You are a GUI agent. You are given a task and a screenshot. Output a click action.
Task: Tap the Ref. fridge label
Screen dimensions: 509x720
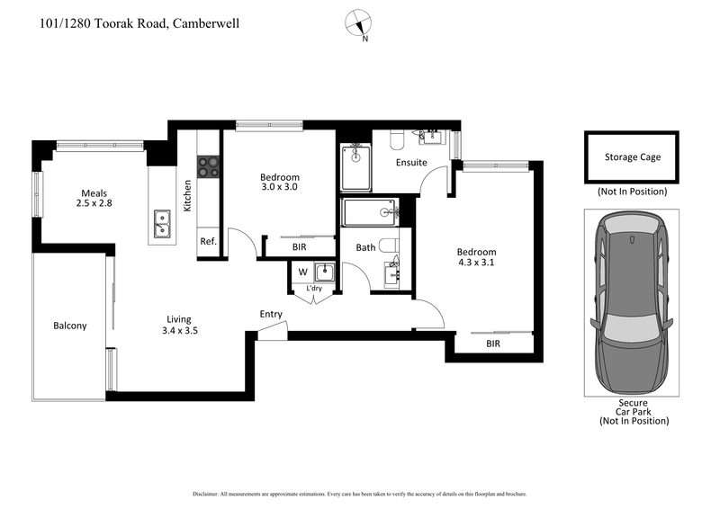(x=208, y=242)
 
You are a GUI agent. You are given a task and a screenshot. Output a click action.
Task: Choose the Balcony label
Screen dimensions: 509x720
(x=70, y=326)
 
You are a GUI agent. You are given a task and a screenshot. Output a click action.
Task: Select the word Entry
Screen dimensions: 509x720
(x=271, y=315)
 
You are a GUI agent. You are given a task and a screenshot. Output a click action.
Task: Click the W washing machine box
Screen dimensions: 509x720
(x=301, y=272)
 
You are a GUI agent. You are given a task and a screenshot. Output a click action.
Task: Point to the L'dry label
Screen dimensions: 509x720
(x=315, y=288)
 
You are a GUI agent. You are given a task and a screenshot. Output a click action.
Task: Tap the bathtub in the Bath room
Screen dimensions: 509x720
(x=371, y=213)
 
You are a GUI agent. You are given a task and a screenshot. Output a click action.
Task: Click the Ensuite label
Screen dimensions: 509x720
(x=411, y=163)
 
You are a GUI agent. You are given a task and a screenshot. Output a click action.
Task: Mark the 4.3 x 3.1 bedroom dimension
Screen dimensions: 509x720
(x=476, y=263)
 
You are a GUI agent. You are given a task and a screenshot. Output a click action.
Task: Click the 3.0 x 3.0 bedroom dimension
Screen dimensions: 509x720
(x=280, y=188)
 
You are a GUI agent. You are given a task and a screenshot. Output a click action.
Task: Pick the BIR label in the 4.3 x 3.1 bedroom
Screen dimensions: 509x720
(x=493, y=344)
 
